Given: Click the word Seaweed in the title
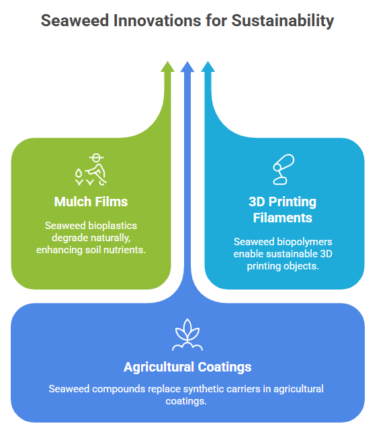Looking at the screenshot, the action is click(x=75, y=21).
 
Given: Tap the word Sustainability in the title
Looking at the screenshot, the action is click(x=283, y=21).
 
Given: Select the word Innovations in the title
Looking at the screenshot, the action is click(x=157, y=21).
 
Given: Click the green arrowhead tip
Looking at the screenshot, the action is click(x=167, y=61).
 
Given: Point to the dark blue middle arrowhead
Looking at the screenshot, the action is click(x=187, y=67).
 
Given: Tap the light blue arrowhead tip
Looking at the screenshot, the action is click(x=208, y=61).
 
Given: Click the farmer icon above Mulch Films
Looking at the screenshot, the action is click(x=91, y=169).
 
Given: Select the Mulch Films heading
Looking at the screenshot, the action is click(x=91, y=202).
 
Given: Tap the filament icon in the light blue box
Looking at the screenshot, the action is click(x=284, y=169).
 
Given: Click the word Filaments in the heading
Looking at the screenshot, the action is click(x=283, y=218).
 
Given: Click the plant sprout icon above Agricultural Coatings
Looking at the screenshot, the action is click(x=187, y=335).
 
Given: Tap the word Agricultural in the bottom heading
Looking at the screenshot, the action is click(x=159, y=367).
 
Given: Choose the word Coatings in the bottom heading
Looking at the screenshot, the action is click(x=224, y=367).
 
